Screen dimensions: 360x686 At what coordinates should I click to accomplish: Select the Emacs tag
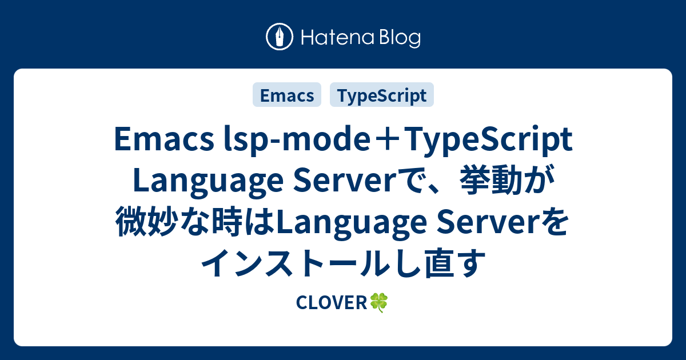pyautogui.click(x=287, y=95)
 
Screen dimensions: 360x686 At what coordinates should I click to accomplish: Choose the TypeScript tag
pyautogui.click(x=381, y=95)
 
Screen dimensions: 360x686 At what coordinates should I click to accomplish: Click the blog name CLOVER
pyautogui.click(x=331, y=303)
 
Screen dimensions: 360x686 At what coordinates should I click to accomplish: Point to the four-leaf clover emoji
pyautogui.click(x=379, y=303)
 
